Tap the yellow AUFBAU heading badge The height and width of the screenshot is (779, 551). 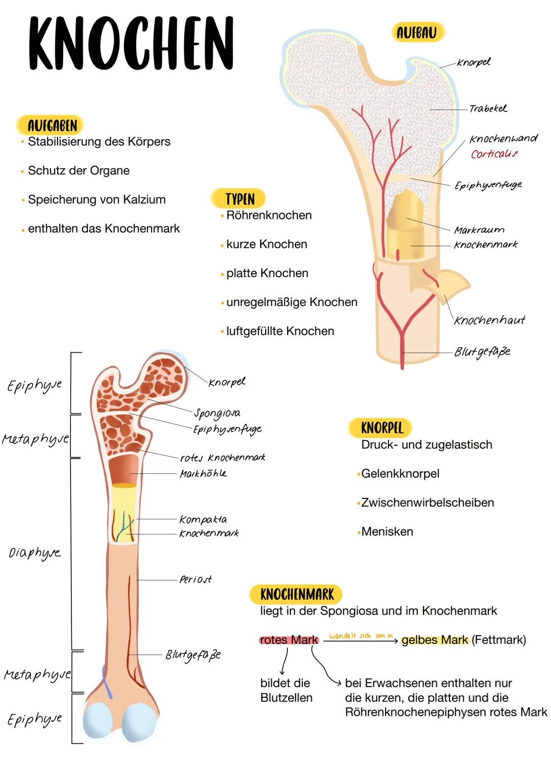pyautogui.click(x=417, y=33)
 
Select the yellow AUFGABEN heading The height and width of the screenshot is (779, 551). pyautogui.click(x=52, y=125)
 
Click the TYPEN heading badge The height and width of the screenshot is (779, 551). pyautogui.click(x=239, y=198)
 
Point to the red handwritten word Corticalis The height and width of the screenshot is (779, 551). pyautogui.click(x=494, y=154)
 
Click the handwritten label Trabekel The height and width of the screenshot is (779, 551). pyautogui.click(x=488, y=109)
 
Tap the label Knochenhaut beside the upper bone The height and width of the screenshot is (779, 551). pyautogui.click(x=489, y=320)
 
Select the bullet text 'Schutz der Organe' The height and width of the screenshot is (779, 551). pyautogui.click(x=79, y=170)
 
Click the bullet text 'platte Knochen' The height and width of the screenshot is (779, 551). pyautogui.click(x=267, y=273)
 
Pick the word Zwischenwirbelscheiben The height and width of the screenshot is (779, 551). pyautogui.click(x=427, y=502)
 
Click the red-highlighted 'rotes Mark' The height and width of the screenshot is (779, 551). pyautogui.click(x=289, y=640)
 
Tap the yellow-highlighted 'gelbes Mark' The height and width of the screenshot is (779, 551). pyautogui.click(x=435, y=640)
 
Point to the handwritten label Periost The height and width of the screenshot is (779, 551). pyautogui.click(x=195, y=580)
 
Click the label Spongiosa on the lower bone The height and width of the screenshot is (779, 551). pyautogui.click(x=217, y=413)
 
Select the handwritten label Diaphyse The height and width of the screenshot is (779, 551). pyautogui.click(x=34, y=552)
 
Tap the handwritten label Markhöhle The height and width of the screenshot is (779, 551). pyautogui.click(x=203, y=473)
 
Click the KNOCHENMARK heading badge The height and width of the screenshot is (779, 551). pyautogui.click(x=296, y=594)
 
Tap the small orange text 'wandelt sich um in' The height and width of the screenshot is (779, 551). pyautogui.click(x=361, y=636)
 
